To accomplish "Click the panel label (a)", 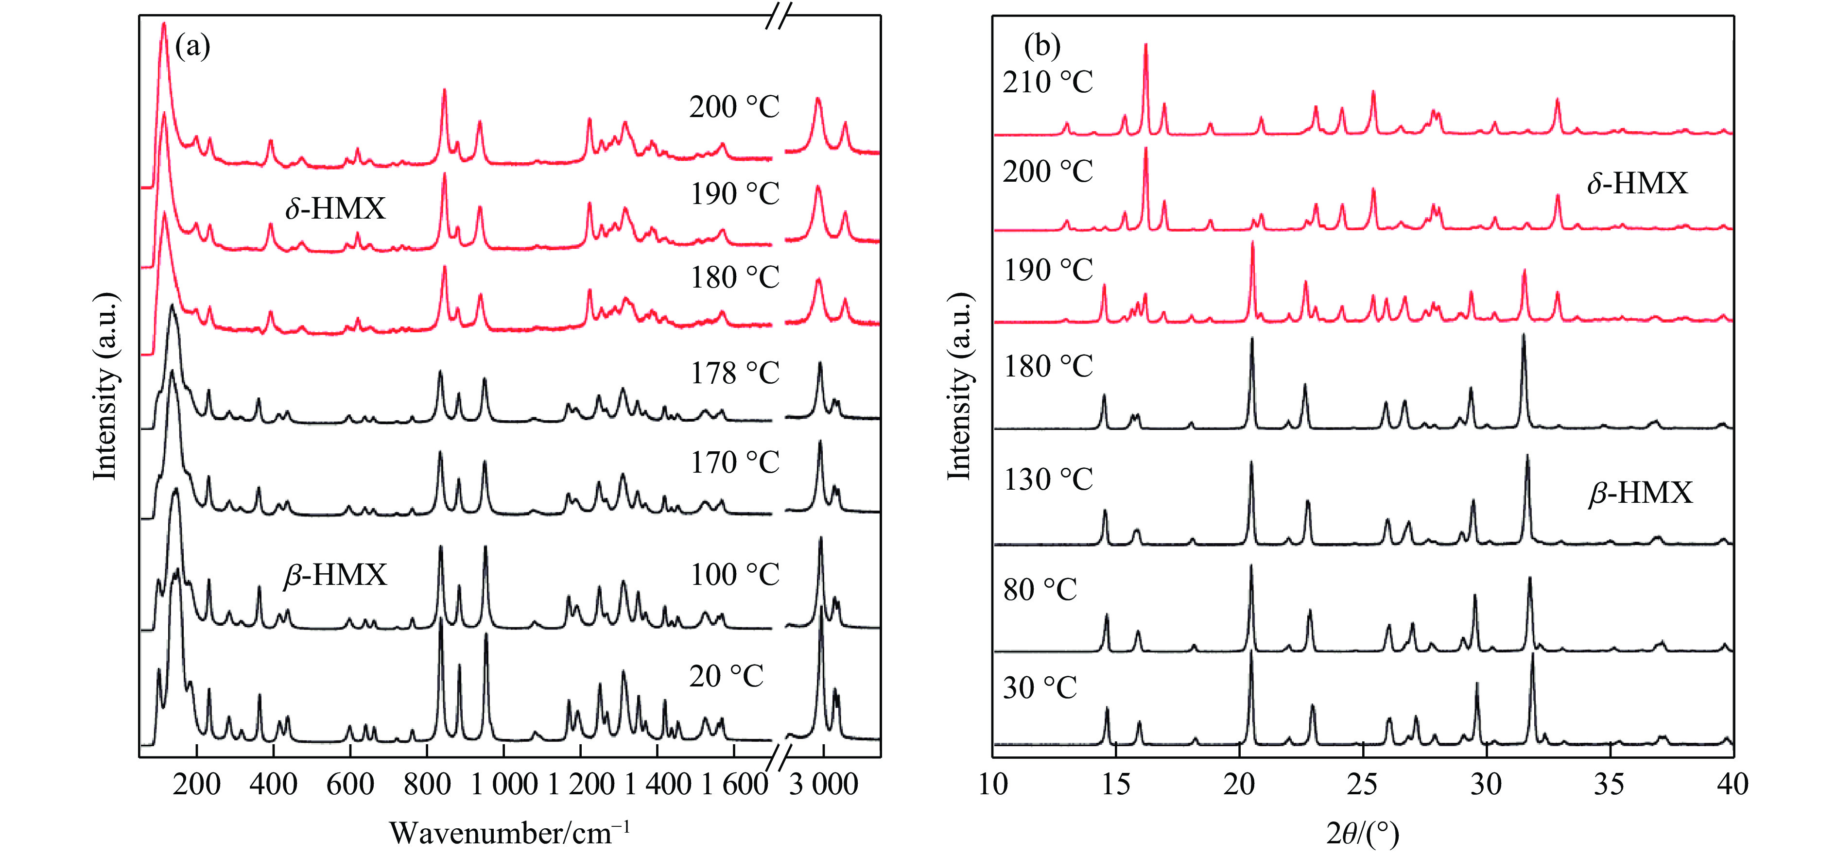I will (x=192, y=47).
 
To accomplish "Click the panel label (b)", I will (x=1042, y=47).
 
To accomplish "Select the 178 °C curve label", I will (x=734, y=373).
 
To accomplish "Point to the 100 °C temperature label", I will (x=734, y=575).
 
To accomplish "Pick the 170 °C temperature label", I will (x=734, y=463).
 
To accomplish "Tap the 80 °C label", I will (x=1040, y=590).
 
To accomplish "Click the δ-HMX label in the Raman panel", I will (x=335, y=209).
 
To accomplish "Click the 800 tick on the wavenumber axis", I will (x=427, y=785).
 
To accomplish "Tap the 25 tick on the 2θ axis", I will (x=1363, y=785).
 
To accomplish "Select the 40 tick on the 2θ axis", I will (x=1732, y=785).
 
